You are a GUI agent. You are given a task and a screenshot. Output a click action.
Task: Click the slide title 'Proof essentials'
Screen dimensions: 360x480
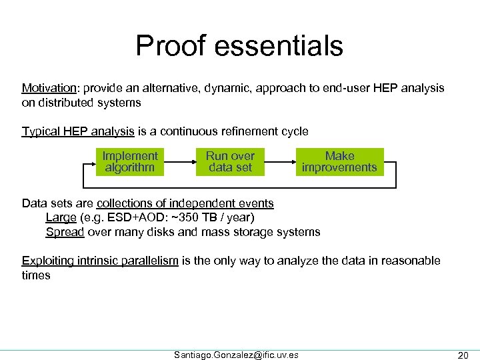[x=239, y=46]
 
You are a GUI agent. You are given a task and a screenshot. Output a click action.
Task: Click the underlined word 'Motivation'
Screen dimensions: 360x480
[x=49, y=88]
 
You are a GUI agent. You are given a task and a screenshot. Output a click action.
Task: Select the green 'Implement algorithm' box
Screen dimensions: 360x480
[x=130, y=162]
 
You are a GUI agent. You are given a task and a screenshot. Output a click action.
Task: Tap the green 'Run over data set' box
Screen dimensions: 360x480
[x=230, y=162]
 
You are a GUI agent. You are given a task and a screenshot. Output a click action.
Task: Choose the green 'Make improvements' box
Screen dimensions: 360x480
[x=339, y=162]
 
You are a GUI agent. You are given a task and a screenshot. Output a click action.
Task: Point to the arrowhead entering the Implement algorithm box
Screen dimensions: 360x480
[x=93, y=162]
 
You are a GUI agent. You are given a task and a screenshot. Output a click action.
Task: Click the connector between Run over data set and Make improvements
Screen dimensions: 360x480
[x=279, y=162]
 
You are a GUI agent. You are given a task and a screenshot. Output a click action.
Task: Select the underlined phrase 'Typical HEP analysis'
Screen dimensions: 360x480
[x=78, y=131]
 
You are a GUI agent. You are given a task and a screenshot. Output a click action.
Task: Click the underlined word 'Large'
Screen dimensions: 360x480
[x=61, y=217]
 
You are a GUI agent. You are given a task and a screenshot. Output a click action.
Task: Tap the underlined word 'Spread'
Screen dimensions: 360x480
[x=64, y=232]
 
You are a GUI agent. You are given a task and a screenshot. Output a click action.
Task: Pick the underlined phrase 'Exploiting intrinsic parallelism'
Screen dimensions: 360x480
[x=100, y=261]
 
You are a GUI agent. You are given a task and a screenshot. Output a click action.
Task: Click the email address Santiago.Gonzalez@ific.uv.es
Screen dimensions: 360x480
[x=236, y=355]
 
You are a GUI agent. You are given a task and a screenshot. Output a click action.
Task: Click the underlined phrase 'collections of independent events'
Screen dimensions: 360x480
[x=185, y=203]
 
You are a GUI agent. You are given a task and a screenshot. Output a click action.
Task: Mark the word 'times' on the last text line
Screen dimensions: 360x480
[x=36, y=275]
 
